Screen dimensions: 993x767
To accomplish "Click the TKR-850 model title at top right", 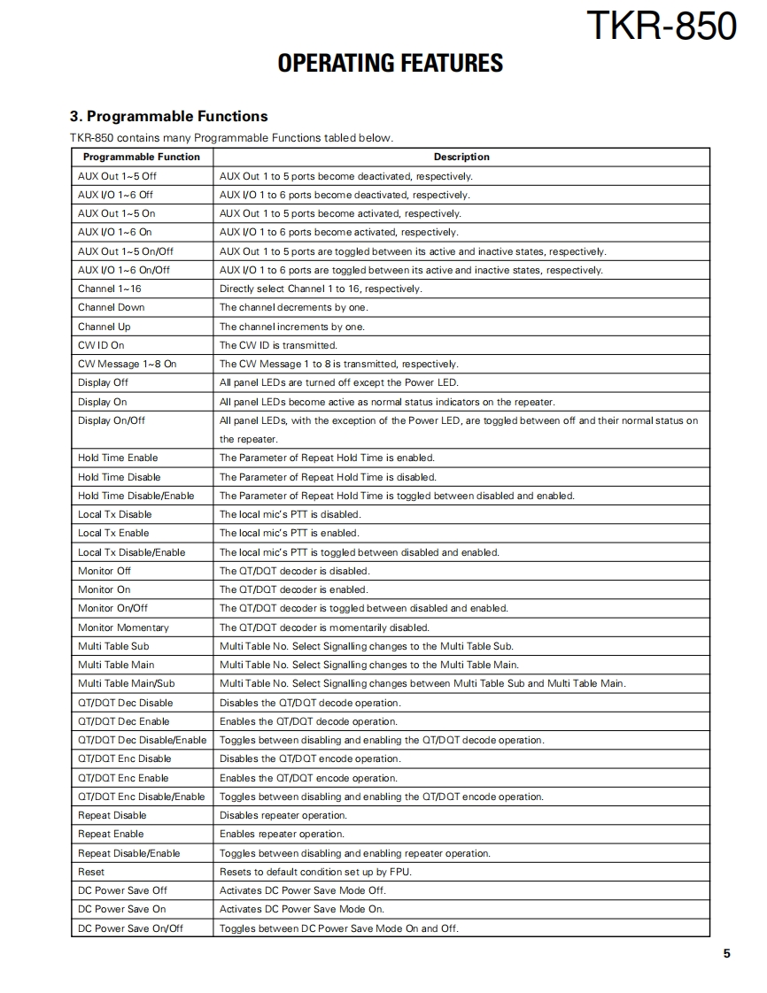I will pos(661,25).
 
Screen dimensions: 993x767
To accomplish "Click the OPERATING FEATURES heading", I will pos(390,63).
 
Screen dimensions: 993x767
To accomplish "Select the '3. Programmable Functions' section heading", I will pos(168,116).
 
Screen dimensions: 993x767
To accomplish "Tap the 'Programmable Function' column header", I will pos(142,157).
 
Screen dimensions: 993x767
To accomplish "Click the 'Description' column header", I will pos(461,157).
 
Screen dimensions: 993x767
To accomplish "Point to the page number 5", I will pos(727,953).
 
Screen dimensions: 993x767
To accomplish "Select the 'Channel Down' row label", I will pos(112,307).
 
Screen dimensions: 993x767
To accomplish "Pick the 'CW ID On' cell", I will pos(101,345).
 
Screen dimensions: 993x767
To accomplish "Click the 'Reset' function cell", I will pos(91,872).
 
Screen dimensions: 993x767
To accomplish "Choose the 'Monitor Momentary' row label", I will pos(123,627).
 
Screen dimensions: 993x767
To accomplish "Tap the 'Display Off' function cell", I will pos(103,382).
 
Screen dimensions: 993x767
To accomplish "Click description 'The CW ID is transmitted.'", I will pos(278,345).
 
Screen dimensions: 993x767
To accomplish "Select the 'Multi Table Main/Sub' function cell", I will pos(127,683).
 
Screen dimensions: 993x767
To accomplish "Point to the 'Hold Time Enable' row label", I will pos(118,458).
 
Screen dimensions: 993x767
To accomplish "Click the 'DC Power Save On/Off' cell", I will pos(130,928).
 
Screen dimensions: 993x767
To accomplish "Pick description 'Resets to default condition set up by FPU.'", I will pos(315,872).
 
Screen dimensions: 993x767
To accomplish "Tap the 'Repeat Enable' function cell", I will pos(111,834).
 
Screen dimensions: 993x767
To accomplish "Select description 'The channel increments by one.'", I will pos(291,327).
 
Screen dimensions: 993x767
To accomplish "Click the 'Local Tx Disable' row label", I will pos(115,514).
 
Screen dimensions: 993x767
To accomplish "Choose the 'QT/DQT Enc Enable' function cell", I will pos(123,778).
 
